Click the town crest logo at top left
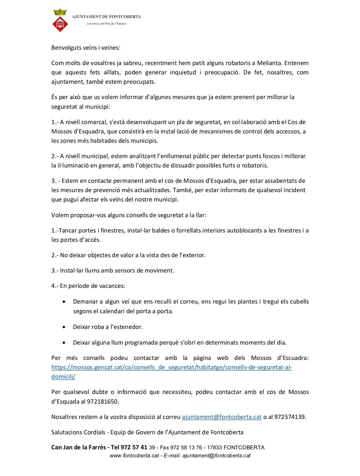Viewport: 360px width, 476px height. click(60, 21)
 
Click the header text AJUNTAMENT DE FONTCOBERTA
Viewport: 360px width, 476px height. click(106, 16)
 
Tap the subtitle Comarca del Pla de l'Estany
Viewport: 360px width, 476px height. click(106, 24)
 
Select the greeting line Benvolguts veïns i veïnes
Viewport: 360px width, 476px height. click(86, 48)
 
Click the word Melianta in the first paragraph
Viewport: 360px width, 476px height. click(269, 63)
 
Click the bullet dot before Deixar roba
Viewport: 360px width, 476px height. click(64, 327)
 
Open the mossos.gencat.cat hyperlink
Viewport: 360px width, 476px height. click(171, 367)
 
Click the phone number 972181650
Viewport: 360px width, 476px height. click(102, 402)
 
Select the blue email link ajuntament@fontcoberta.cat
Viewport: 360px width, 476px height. click(222, 417)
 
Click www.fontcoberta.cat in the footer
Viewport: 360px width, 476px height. click(134, 456)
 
